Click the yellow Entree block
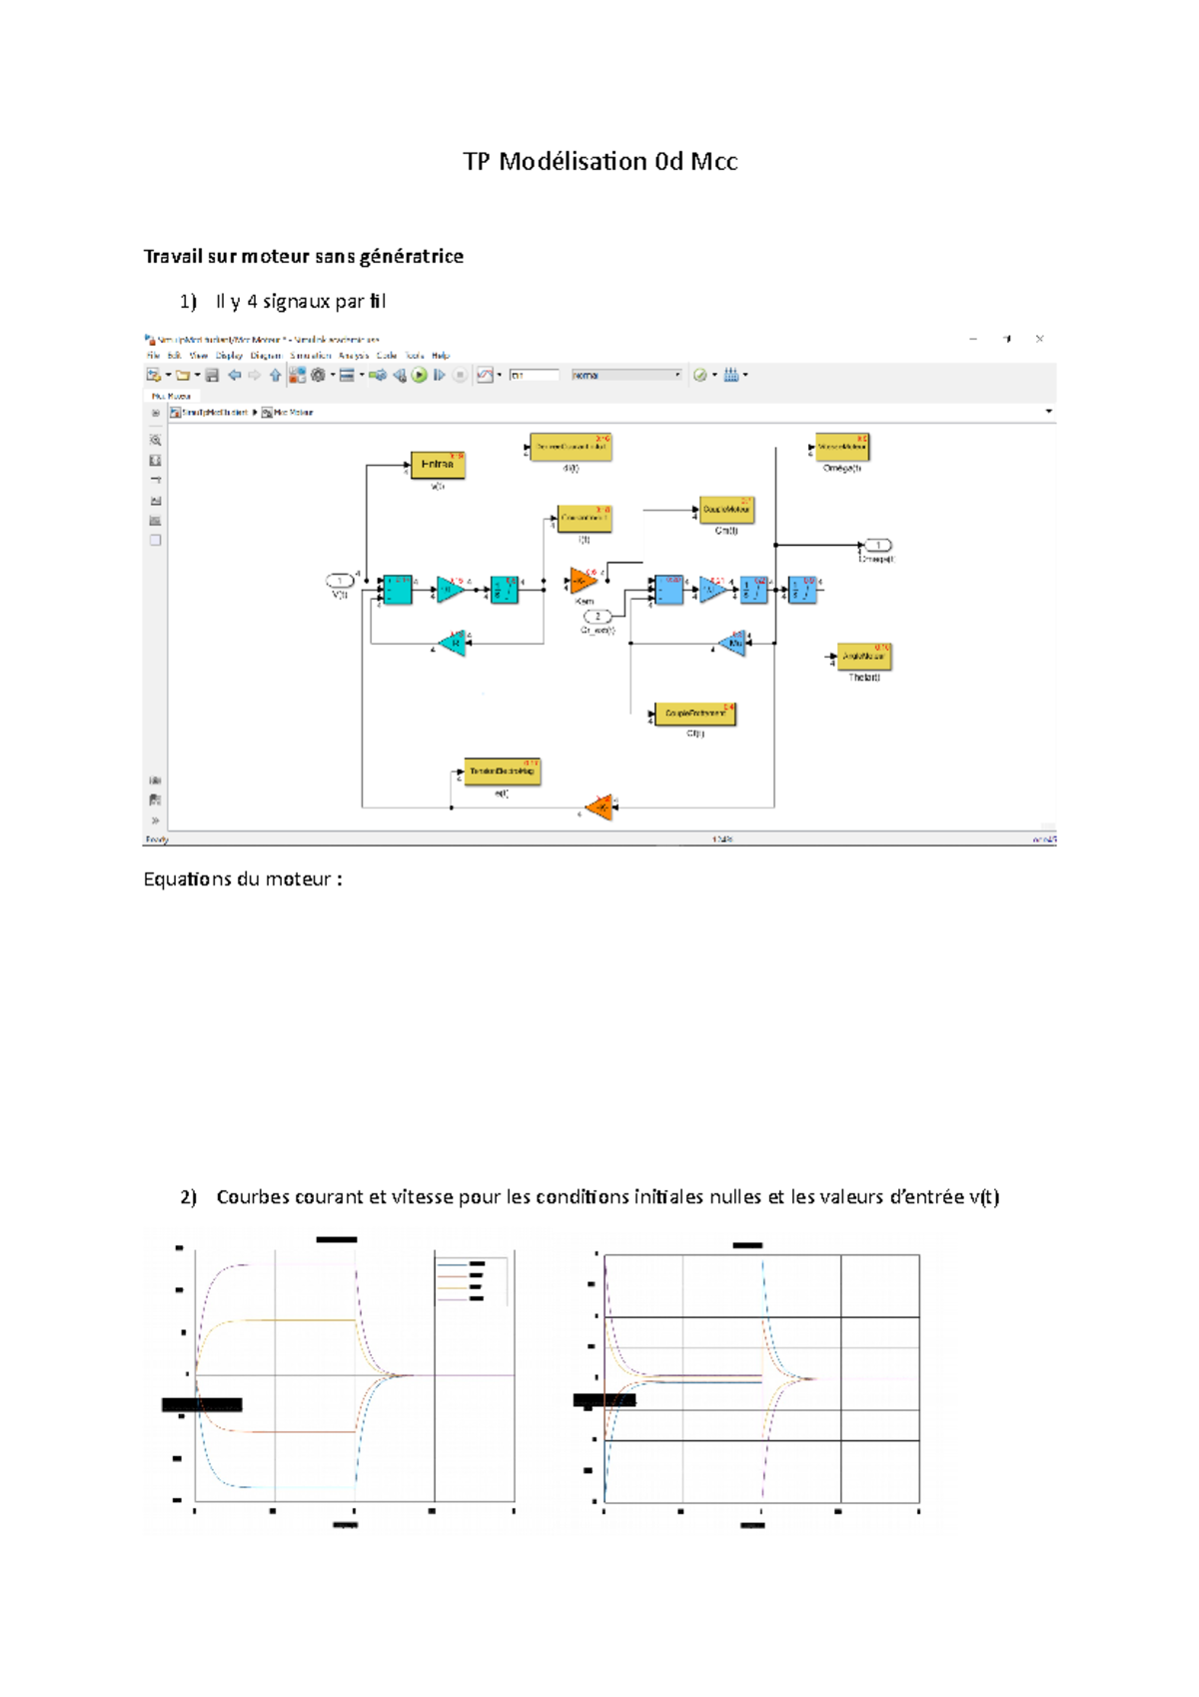[x=438, y=465]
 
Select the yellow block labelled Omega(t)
[x=842, y=447]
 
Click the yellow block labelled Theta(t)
[x=863, y=657]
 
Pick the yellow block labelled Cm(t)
[x=726, y=510]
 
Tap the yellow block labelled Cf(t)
[x=694, y=714]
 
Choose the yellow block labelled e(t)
[x=503, y=772]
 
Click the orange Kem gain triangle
[x=583, y=580]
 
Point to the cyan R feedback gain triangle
[x=454, y=643]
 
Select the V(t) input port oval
[x=340, y=581]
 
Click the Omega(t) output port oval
[x=877, y=546]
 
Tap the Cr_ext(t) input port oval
[x=598, y=617]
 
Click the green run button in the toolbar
[x=420, y=376]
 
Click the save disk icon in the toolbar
[x=212, y=376]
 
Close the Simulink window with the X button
[x=1039, y=339]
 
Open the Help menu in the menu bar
[x=441, y=355]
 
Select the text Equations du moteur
[x=242, y=879]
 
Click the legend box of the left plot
[x=472, y=1280]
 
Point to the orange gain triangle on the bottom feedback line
[x=599, y=807]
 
